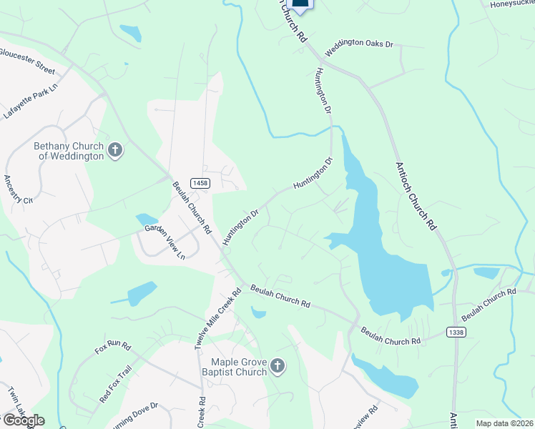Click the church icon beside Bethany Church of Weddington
[116, 150]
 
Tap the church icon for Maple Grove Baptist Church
[278, 368]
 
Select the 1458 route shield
[200, 184]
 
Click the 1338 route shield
[455, 332]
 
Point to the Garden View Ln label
[165, 242]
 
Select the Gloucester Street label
[27, 61]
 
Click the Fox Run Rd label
[113, 349]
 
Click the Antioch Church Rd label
[416, 194]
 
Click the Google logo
[23, 420]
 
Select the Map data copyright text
[505, 423]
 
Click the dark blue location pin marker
[300, 4]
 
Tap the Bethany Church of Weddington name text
[69, 150]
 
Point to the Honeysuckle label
[511, 4]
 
